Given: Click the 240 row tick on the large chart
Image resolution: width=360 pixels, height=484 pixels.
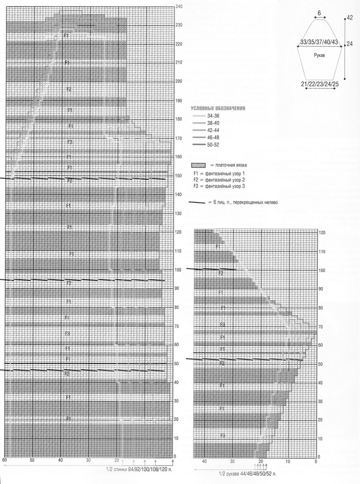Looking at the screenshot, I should (179, 6).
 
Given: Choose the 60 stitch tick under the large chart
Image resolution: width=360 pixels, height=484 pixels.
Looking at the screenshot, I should (4, 459).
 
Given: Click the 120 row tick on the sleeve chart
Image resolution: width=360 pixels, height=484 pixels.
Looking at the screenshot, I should (322, 233).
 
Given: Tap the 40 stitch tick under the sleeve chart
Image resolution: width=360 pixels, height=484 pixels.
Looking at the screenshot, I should (203, 461).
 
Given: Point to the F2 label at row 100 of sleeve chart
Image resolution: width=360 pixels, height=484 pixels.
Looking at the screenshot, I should (220, 273).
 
